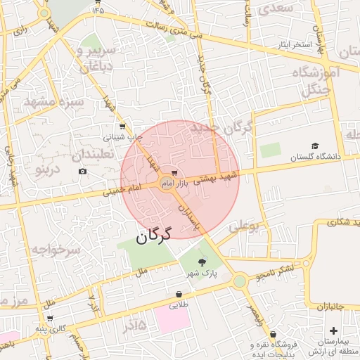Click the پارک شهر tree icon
click(x=202, y=261)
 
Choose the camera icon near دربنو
click(x=83, y=172)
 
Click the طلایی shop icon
click(x=179, y=295)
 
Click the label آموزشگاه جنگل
click(x=320, y=81)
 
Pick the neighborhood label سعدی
click(x=275, y=8)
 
